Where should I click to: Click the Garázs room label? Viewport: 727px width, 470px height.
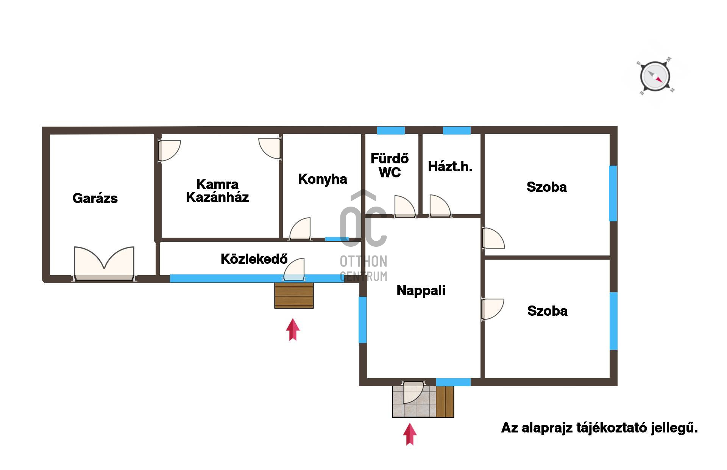95,198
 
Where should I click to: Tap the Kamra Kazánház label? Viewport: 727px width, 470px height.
217,191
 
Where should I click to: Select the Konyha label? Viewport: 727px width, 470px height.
323,179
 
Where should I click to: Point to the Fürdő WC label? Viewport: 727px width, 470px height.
390,165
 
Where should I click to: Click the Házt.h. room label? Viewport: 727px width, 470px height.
450,167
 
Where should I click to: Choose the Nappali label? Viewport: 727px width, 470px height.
421,291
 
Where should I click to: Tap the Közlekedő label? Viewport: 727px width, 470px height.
254,259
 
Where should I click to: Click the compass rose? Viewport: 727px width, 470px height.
655,77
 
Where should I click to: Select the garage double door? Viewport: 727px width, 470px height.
104,264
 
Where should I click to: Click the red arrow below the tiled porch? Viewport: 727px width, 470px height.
410,434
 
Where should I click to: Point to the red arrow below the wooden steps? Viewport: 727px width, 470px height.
293,330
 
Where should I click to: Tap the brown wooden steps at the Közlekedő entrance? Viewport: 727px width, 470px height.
294,295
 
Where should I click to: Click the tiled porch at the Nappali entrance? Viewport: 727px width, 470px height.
414,402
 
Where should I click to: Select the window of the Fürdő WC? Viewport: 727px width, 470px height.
391,130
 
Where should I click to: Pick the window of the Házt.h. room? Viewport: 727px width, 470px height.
457,130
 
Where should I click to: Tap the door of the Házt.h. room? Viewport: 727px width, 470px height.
440,206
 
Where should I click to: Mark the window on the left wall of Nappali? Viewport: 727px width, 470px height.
363,320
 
